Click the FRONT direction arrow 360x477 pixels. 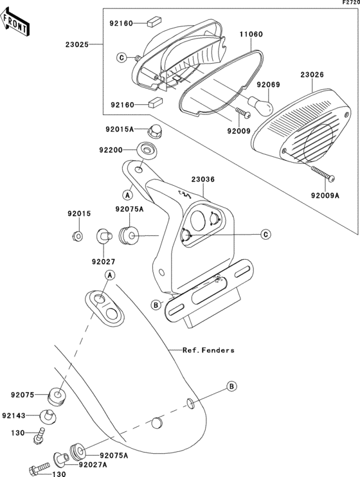(x=15, y=22)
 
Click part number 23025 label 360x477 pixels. (x=76, y=45)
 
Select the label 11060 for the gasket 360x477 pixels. (x=251, y=34)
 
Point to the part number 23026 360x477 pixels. (x=312, y=75)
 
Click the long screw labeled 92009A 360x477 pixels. (x=323, y=173)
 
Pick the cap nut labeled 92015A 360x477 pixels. (x=154, y=131)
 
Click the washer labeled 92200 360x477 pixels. (x=147, y=149)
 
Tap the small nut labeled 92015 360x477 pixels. (x=78, y=236)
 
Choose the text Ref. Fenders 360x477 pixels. (x=208, y=350)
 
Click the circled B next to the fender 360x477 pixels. (x=231, y=386)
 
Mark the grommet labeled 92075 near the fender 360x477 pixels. (x=57, y=396)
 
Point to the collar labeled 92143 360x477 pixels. (x=48, y=416)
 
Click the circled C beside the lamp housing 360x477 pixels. (x=122, y=57)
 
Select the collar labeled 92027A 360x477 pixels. (x=61, y=460)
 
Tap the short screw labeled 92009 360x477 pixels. (x=243, y=113)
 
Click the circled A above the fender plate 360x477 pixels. (x=110, y=275)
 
